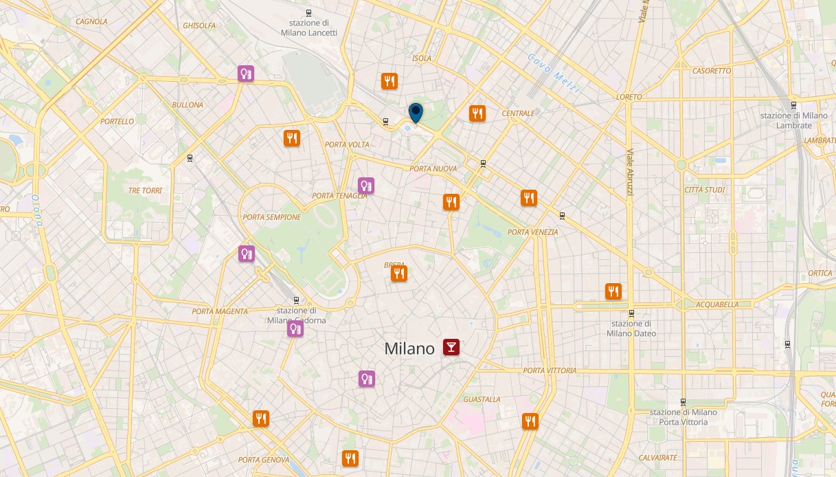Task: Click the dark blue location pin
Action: pos(416,111)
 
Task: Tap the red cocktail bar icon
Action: pos(451,347)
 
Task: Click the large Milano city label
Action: pos(409,348)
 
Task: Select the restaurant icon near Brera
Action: pos(399,274)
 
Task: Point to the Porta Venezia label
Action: pos(532,232)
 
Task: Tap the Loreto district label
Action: pos(629,97)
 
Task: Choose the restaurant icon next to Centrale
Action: pos(477,113)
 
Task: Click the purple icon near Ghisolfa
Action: pos(246,73)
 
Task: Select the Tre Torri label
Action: pos(144,190)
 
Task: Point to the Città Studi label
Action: pos(705,190)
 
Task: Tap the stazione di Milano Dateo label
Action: pos(631,329)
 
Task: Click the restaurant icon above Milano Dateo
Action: pos(613,291)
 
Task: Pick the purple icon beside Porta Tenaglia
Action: pos(366,186)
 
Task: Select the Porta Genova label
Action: pos(263,460)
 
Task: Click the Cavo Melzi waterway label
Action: pos(554,74)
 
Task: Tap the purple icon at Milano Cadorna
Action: pos(295,329)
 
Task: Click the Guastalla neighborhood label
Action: pos(482,399)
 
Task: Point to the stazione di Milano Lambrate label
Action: pos(793,120)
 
